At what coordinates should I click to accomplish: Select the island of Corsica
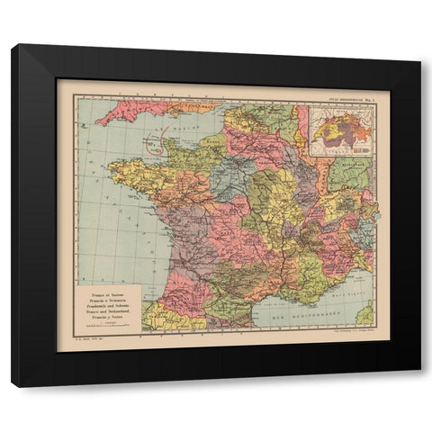click(365, 314)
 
